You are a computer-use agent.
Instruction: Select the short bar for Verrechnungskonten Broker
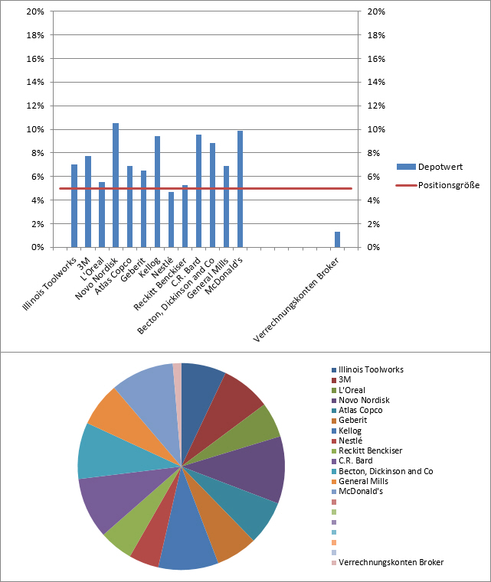click(x=337, y=239)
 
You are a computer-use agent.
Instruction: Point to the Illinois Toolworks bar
click(x=74, y=206)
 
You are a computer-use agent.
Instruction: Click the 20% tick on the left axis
click(x=34, y=11)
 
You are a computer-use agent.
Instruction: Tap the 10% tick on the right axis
click(x=376, y=129)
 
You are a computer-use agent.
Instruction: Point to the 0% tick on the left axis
click(x=37, y=247)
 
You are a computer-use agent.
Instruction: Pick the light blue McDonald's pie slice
click(x=146, y=390)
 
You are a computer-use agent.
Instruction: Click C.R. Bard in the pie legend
click(x=357, y=460)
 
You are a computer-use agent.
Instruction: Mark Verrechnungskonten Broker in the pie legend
click(x=391, y=562)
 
